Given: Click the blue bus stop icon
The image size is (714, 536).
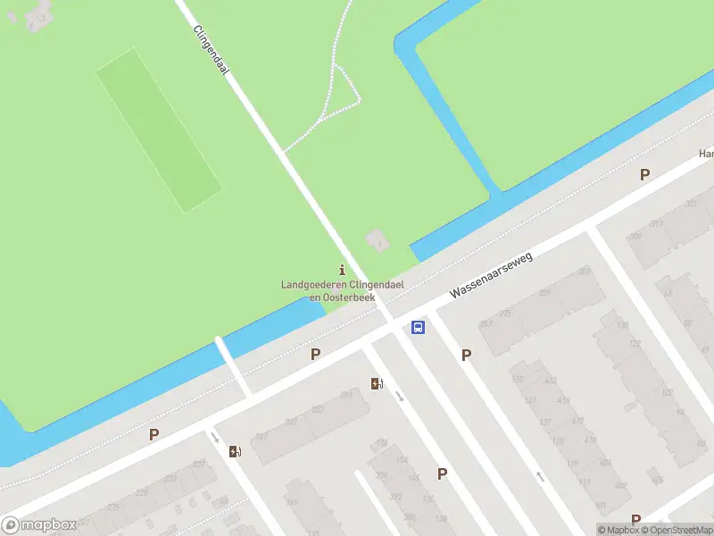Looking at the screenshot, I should pos(418,328).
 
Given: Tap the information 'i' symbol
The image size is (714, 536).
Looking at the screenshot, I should pos(342,270).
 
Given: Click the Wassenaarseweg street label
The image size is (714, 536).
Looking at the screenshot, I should pos(491,275).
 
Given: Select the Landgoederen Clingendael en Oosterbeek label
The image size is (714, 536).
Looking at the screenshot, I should pos(328,290).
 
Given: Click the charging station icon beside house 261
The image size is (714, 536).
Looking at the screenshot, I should pos(378,384).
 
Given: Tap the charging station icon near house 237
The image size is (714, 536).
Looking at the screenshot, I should pos(235,451).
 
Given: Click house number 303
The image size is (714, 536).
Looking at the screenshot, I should pos(585,271).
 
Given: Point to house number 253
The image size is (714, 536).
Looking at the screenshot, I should pos(318,410).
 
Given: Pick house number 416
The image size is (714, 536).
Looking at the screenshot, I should pos(564,400).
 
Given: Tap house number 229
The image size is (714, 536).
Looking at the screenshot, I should pos(141,492).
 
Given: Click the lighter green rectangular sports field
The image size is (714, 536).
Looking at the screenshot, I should pos(158,130).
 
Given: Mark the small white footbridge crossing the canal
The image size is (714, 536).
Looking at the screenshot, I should pos(232,364).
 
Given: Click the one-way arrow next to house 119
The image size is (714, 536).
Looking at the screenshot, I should pos(539,477).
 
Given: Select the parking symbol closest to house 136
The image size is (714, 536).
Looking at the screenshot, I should pos(442,473).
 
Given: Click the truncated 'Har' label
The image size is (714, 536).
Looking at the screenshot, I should pos(705,154).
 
